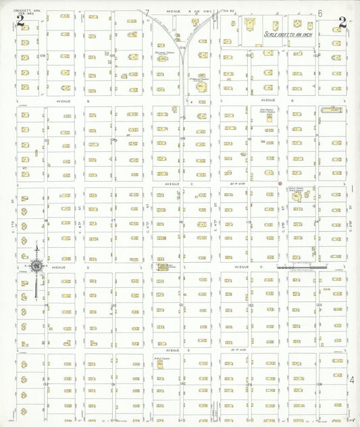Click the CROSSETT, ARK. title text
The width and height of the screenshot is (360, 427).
click(x=14, y=5)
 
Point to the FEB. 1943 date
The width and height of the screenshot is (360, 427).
click(x=14, y=9)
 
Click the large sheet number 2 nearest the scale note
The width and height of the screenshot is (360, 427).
click(x=342, y=22)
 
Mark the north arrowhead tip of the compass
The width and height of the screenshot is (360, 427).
click(x=36, y=247)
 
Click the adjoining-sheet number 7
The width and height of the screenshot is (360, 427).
click(x=147, y=13)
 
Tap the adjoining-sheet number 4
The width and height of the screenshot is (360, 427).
click(x=351, y=379)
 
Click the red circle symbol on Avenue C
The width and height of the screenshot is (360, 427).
click(x=280, y=183)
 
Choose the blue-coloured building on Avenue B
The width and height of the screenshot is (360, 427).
click(x=331, y=108)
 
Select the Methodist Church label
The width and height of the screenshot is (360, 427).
click(x=161, y=50)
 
